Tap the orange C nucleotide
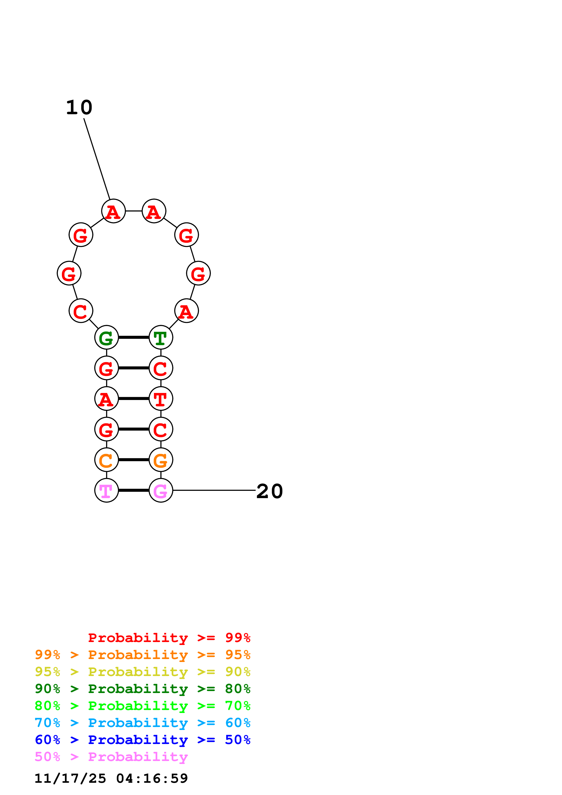click(106, 460)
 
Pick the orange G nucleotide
click(161, 460)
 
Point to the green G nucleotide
click(106, 337)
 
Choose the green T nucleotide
click(161, 337)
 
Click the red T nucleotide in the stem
click(161, 399)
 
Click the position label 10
click(79, 107)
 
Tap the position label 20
click(269, 491)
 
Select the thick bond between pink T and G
click(134, 490)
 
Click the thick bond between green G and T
click(134, 337)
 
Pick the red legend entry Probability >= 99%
click(169, 638)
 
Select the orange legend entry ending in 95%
click(143, 655)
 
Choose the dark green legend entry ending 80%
click(143, 689)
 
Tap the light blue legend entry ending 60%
click(143, 723)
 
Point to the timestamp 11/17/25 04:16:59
click(111, 778)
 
